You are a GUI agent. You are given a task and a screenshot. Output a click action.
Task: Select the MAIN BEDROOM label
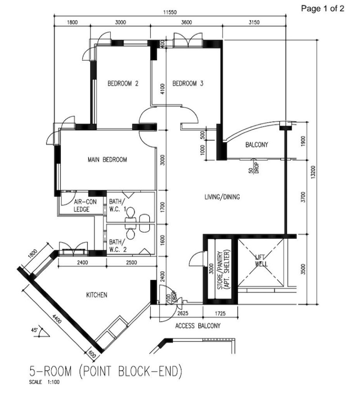[108, 159]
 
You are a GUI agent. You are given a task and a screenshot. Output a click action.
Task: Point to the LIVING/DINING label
[222, 197]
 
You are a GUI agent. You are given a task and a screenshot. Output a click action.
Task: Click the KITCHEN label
[96, 295]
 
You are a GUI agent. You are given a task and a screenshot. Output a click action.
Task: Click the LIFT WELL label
[261, 261]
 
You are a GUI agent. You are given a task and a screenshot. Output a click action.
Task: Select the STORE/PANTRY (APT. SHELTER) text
[223, 269]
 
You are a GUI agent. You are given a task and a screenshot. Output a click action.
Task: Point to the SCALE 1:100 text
[44, 383]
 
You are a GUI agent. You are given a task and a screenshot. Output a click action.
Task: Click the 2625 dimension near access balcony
[182, 312]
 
